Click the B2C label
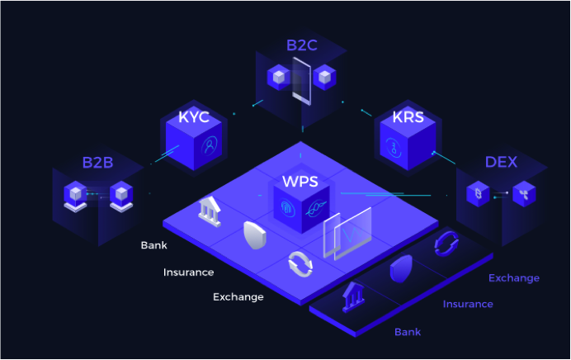pos(301,45)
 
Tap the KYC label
pos(194,116)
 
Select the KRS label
pos(408,116)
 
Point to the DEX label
pos(501,162)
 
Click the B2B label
pos(97,162)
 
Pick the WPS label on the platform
pos(300,179)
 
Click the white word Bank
pos(153,245)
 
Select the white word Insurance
pos(188,272)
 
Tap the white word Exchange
pos(238,296)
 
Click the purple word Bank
pos(408,332)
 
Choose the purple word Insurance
pos(468,304)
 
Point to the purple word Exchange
pos(514,278)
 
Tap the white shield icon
pos(254,237)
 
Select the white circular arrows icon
pos(300,264)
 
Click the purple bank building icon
pos(355,295)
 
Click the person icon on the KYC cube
pos(211,145)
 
